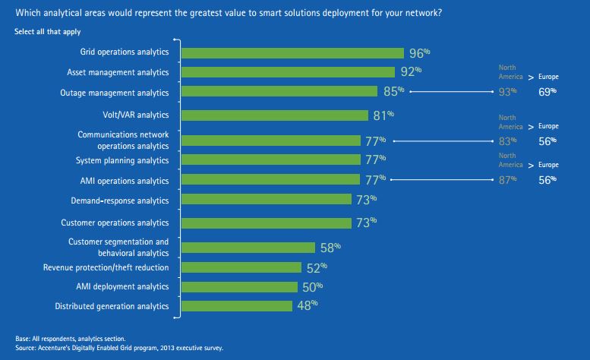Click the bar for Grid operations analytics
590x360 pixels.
[x=293, y=53]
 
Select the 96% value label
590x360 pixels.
[x=419, y=53]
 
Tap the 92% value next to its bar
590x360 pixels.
[x=411, y=72]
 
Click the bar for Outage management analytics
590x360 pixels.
[x=280, y=91]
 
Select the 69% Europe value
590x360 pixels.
[x=547, y=91]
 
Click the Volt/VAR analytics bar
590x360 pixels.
[x=277, y=115]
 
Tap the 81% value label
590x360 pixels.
[x=384, y=115]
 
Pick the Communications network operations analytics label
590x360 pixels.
[x=123, y=140]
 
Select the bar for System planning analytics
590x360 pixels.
[x=271, y=159]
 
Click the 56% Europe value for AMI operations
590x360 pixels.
[x=547, y=179]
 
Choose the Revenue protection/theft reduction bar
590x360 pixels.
[x=242, y=267]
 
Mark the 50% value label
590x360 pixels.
[x=312, y=287]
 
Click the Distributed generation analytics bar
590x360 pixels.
[x=237, y=306]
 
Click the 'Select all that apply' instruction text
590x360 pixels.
[x=48, y=32]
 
